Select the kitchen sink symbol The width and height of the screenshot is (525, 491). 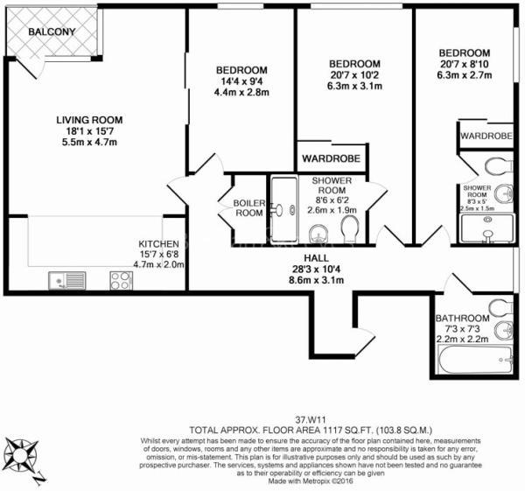[66, 281]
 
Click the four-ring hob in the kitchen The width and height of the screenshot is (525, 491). [121, 280]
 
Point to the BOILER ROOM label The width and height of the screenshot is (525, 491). [247, 207]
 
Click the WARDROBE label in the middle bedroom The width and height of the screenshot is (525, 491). [331, 159]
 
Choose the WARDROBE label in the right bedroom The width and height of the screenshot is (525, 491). [486, 136]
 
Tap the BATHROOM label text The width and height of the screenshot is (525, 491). [463, 318]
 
